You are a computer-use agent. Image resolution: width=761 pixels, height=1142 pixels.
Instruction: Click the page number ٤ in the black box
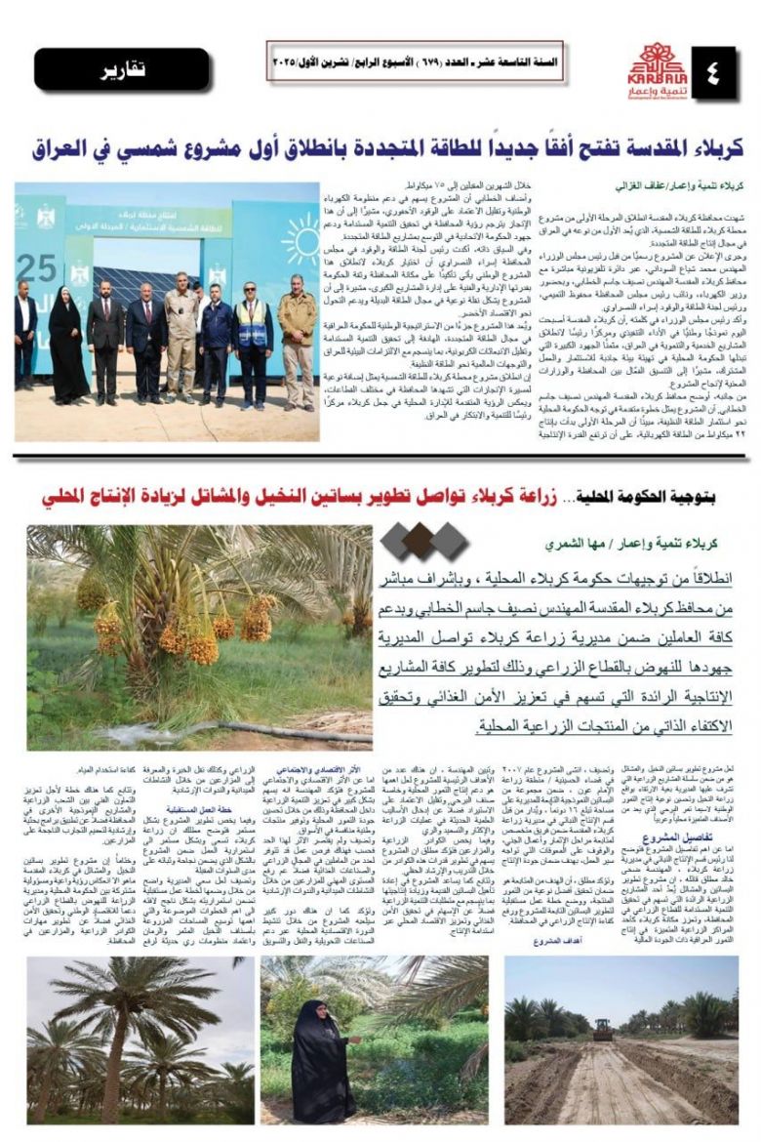coord(715,71)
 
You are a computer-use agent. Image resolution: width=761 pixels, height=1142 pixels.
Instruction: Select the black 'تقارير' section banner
coord(122,69)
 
